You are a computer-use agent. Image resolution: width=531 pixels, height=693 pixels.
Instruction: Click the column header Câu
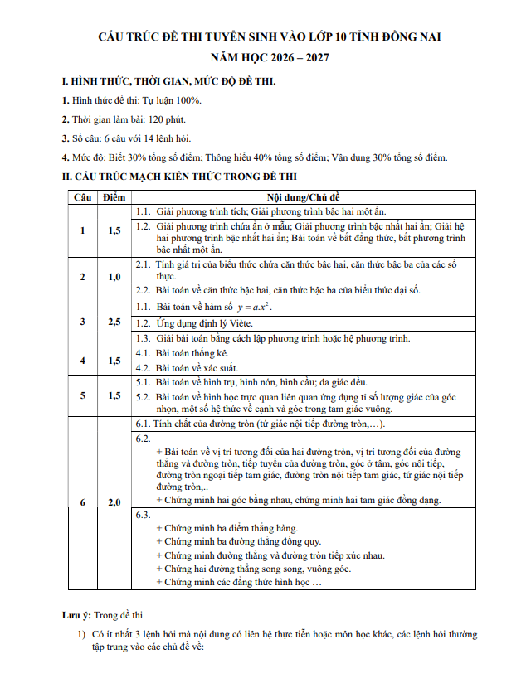tap(81, 197)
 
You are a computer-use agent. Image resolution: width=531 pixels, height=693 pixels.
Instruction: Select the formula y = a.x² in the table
tap(248, 308)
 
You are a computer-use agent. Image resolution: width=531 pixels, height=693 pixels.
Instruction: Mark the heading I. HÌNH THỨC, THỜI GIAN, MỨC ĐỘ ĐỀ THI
tap(169, 81)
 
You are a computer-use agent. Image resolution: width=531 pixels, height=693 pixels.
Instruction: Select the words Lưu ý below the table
tap(76, 616)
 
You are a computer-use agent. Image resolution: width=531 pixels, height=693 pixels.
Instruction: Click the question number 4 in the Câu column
tap(81, 360)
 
